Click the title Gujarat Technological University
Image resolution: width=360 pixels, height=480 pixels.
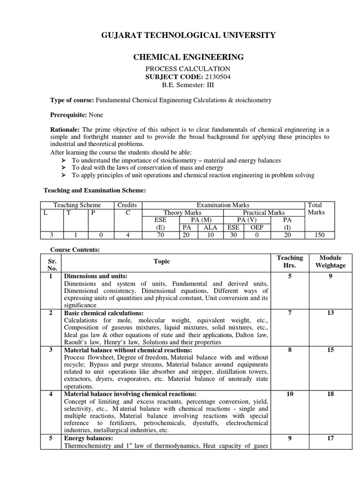pos(189,35)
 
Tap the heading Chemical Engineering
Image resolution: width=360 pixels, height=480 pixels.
pos(188,58)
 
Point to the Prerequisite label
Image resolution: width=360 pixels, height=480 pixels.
pos(68,115)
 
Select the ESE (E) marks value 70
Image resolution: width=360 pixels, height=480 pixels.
pos(160,235)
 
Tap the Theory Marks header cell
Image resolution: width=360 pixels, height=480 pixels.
pos(182,212)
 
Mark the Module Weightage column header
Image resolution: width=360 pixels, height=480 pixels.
pos(330,262)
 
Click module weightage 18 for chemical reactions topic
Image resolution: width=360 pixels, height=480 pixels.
pos(330,394)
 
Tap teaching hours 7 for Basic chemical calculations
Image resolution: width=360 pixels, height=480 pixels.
pos(290,313)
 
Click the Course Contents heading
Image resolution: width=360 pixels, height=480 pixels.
pos(75,250)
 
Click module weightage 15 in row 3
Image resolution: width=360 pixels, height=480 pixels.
pos(330,350)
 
